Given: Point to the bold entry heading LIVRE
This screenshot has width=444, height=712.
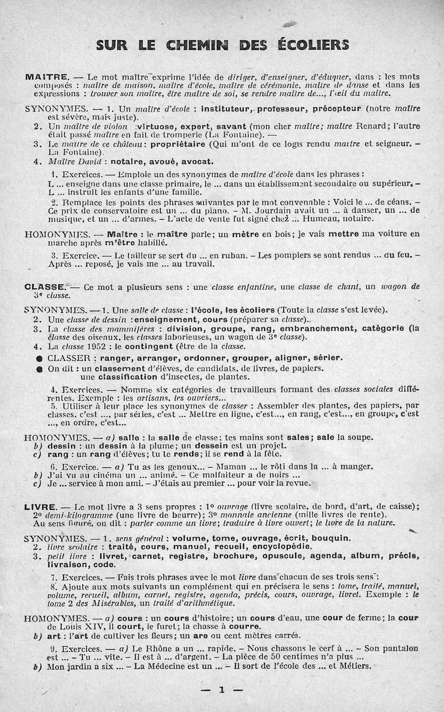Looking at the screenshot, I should [x=40, y=506].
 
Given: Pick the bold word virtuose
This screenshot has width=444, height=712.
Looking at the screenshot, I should [x=159, y=126].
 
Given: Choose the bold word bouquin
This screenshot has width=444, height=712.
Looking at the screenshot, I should [x=330, y=538].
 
